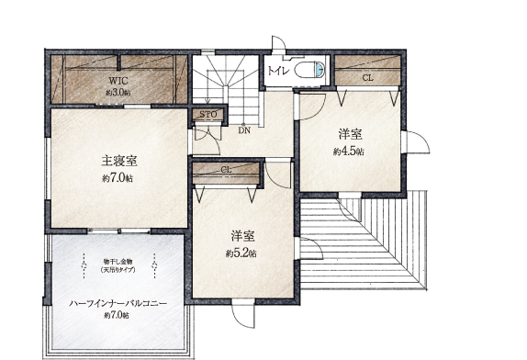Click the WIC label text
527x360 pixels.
point(118,81)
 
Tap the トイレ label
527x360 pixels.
point(275,70)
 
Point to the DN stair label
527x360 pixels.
point(244,130)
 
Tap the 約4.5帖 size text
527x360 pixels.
point(348,152)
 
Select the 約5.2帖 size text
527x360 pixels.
point(242,252)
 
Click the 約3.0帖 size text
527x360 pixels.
point(118,93)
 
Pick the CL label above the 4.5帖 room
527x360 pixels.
point(367,78)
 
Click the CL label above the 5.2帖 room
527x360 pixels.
point(226,170)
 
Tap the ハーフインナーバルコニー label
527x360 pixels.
point(118,302)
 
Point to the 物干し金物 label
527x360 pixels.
point(118,262)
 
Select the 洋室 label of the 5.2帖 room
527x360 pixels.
point(242,235)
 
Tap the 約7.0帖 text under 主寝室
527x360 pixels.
point(118,178)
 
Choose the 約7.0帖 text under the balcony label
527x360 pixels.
point(118,316)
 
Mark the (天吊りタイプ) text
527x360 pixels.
point(118,270)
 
